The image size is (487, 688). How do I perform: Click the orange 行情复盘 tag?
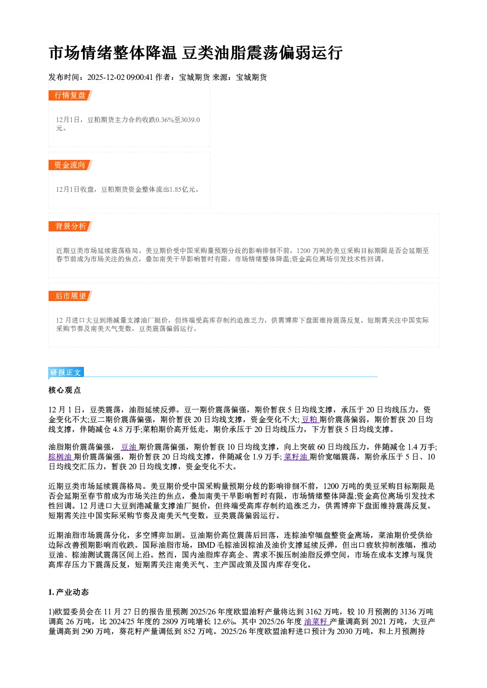point(70,95)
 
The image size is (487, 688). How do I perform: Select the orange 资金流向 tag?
point(70,165)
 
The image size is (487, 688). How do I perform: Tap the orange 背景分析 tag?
point(70,227)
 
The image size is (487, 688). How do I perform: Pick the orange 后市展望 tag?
point(70,296)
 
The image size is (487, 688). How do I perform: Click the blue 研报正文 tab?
point(66,373)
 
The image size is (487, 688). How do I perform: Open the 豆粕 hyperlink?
point(310,420)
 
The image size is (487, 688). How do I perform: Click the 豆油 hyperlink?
point(129,447)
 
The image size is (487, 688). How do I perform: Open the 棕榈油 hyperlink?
point(60,457)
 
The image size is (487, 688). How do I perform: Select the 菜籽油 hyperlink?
point(296,457)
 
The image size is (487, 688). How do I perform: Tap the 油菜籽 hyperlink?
point(317,622)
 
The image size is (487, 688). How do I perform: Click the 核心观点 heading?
point(65,390)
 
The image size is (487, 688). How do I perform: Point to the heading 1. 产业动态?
point(69,592)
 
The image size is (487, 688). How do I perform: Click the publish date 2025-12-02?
point(106,77)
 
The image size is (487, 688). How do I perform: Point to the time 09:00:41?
point(140,77)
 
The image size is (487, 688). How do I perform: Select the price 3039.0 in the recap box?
point(190,120)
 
